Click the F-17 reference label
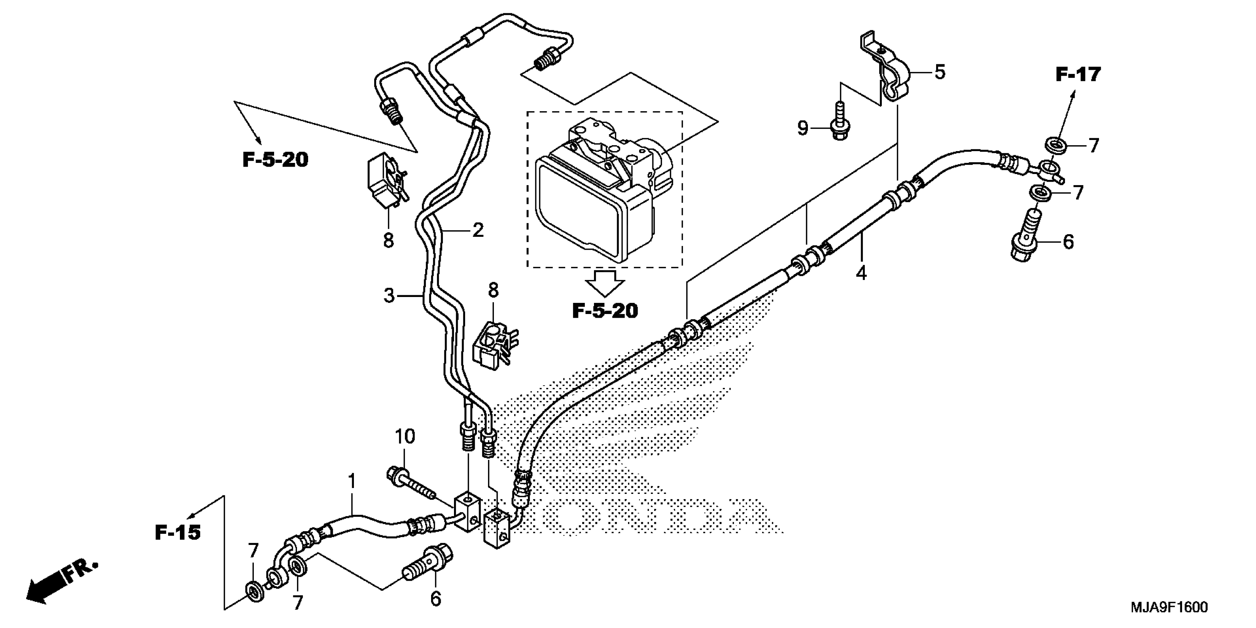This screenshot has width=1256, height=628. [1078, 75]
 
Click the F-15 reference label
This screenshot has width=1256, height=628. [178, 532]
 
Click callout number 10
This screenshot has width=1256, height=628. [405, 436]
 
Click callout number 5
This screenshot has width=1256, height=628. [939, 72]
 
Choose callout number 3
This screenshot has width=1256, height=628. [389, 296]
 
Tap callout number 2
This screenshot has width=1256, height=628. [478, 230]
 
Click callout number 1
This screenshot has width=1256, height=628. [352, 482]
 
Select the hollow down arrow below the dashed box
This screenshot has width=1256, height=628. [605, 283]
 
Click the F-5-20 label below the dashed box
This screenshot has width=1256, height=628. [605, 311]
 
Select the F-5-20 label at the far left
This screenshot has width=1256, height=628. [276, 160]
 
